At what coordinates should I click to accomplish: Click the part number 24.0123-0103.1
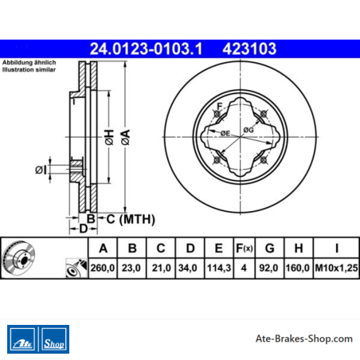[x=146, y=49]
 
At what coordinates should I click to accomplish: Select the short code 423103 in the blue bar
[x=249, y=49]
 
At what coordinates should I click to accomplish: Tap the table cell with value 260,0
[x=103, y=268]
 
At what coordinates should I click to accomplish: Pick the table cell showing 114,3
[x=219, y=268]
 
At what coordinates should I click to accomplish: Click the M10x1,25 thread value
[x=336, y=268]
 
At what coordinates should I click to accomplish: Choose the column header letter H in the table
[x=299, y=248]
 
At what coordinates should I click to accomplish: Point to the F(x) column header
[x=245, y=248]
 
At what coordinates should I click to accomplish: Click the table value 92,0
[x=268, y=268]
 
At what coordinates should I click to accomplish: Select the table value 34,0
[x=188, y=268]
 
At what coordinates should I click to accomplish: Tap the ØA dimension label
[x=126, y=137]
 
